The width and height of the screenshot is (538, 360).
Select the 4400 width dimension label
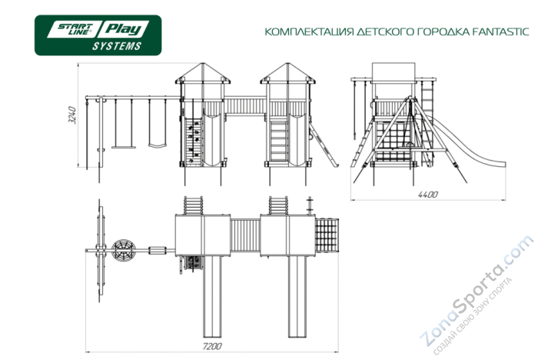pos(427,195)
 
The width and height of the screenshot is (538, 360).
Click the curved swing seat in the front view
pos(157,143)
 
